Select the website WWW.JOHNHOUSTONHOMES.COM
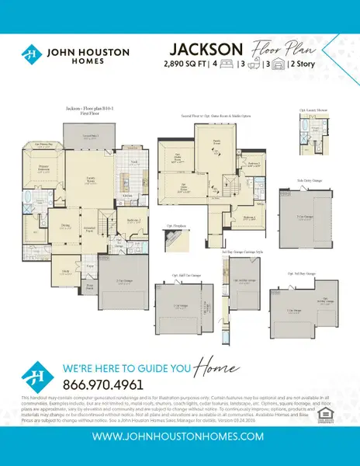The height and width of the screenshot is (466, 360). [x=179, y=438]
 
